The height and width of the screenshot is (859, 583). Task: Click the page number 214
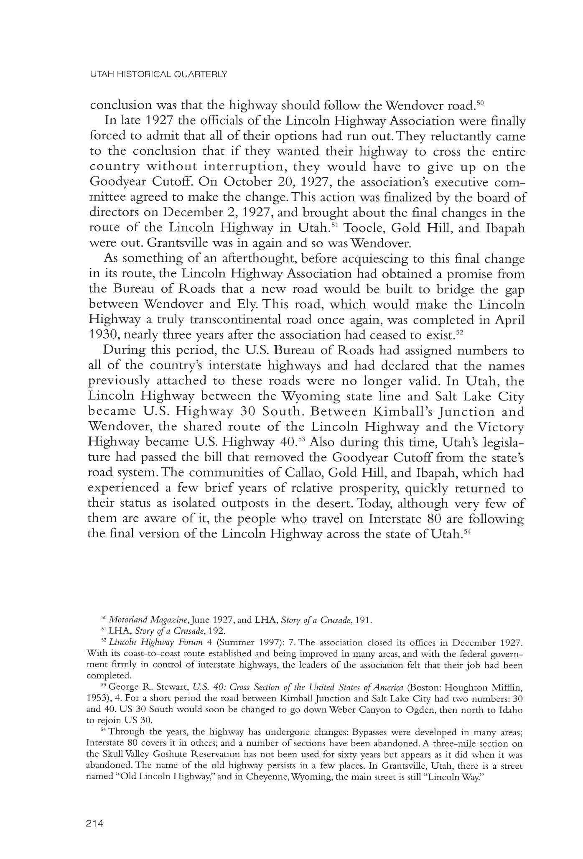(x=94, y=823)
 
